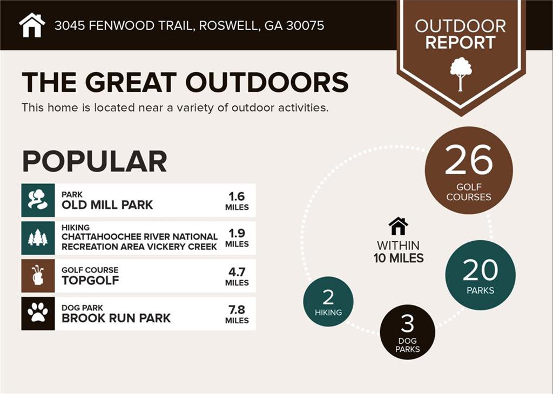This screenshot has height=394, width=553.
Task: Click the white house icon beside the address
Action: click(32, 25)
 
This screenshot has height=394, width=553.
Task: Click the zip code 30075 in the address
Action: click(305, 25)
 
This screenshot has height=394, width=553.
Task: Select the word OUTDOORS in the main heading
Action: click(267, 83)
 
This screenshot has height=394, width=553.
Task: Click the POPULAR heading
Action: click(95, 161)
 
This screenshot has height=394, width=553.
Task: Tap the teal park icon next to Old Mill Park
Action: click(38, 200)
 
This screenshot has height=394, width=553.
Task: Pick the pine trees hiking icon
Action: click(38, 238)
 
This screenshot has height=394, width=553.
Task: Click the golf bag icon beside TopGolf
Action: click(38, 276)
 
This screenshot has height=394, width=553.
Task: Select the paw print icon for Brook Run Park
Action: click(38, 314)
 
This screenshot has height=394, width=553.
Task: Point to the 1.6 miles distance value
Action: click(237, 201)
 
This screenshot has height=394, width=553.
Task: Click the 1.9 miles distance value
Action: click(237, 238)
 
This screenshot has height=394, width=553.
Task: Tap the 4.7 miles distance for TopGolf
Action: click(237, 277)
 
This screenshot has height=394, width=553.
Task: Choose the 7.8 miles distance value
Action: click(237, 314)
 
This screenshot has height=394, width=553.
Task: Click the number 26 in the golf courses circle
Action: click(469, 160)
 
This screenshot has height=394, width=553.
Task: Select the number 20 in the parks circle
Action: click(480, 270)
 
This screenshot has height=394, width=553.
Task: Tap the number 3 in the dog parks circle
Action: click(407, 323)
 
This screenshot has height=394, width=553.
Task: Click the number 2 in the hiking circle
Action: click(328, 297)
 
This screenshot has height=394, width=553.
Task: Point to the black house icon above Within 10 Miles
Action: click(398, 226)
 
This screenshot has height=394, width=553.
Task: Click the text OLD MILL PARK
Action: click(107, 205)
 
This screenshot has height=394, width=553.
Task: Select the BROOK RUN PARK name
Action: click(116, 318)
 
